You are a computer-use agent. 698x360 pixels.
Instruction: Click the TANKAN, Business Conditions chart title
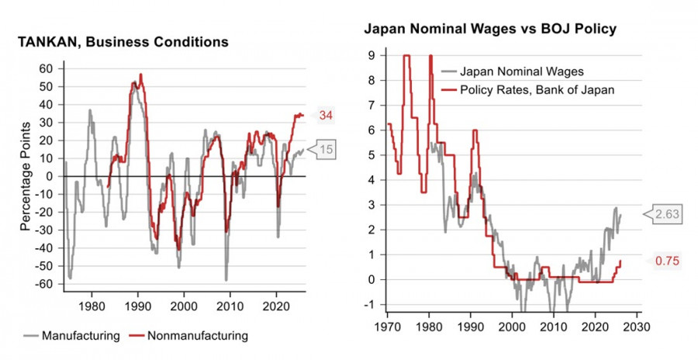pos(123,42)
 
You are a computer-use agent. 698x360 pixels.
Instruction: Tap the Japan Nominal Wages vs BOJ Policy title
pos(490,29)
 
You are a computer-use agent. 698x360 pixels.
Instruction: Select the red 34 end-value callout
pos(327,116)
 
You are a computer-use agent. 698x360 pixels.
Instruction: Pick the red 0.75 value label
pos(667,261)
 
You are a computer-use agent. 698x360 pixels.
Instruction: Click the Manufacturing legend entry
pos(81,336)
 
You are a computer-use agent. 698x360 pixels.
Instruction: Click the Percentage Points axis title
pos(26,176)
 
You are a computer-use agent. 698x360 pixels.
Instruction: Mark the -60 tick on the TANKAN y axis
pos(45,284)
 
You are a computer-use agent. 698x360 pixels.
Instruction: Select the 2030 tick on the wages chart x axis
pos(636,317)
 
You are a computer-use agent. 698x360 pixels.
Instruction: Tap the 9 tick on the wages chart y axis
pos(372,55)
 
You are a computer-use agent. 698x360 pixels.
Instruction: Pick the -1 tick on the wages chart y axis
pos(371,304)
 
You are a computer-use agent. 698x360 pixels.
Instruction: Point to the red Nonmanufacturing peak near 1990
pos(140,74)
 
